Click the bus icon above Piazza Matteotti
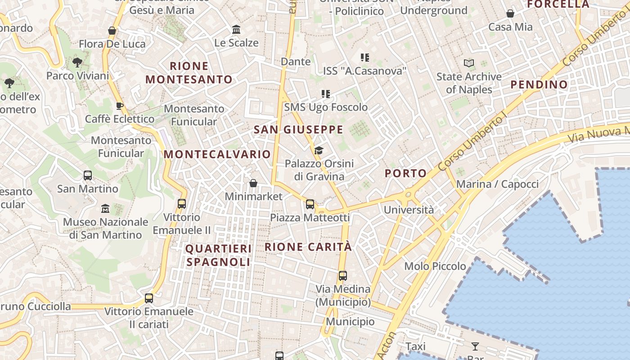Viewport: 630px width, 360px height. (310, 204)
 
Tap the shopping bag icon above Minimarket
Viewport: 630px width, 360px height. (253, 183)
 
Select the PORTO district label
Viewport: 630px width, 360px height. (405, 173)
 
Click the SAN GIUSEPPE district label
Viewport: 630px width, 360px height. (298, 130)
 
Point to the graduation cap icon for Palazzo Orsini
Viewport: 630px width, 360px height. (319, 150)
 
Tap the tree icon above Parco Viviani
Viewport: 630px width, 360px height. (77, 62)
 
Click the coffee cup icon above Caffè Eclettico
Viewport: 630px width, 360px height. (119, 106)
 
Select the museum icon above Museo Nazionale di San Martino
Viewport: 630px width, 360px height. (105, 208)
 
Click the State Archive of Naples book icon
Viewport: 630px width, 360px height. (469, 63)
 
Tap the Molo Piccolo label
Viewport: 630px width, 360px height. (435, 266)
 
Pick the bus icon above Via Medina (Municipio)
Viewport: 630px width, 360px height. (343, 275)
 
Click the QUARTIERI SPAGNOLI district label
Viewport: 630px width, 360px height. (218, 255)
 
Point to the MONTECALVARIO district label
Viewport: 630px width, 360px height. (217, 154)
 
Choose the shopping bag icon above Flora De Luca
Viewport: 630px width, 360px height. (112, 31)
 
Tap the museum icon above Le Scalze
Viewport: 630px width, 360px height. (236, 30)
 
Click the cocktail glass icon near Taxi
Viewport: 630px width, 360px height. (475, 346)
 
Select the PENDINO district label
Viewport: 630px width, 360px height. (539, 85)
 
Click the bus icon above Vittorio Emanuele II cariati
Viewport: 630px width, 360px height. (149, 298)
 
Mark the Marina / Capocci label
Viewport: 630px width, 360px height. (497, 184)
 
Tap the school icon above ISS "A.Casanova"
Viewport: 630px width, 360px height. (364, 57)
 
